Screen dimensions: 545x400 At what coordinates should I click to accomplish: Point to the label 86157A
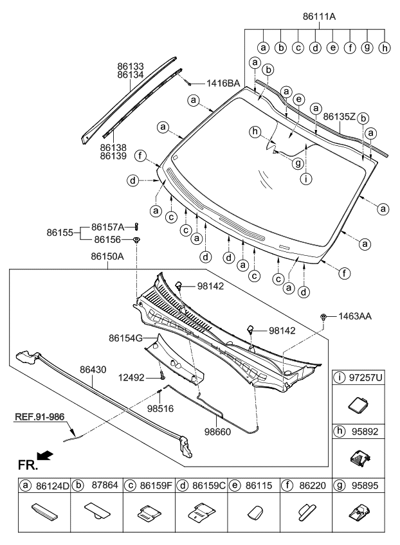tap(108, 226)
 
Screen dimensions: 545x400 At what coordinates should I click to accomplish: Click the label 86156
tap(108, 239)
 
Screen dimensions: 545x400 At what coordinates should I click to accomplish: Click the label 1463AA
tap(354, 316)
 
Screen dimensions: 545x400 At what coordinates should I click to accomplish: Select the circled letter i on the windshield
tap(306, 179)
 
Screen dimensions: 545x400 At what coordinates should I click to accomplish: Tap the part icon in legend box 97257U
tap(357, 404)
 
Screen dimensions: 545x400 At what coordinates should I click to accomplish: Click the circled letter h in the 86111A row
tap(385, 47)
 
